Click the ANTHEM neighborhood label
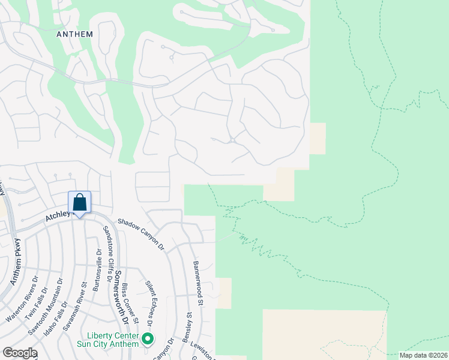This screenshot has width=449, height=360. (x=74, y=34)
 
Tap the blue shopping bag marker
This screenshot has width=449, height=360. (x=79, y=203)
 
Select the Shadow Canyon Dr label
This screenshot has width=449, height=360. (x=141, y=233)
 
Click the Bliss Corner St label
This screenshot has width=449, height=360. (x=131, y=304)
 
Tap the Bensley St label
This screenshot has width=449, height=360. (x=188, y=324)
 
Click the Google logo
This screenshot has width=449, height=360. (x=20, y=353)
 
